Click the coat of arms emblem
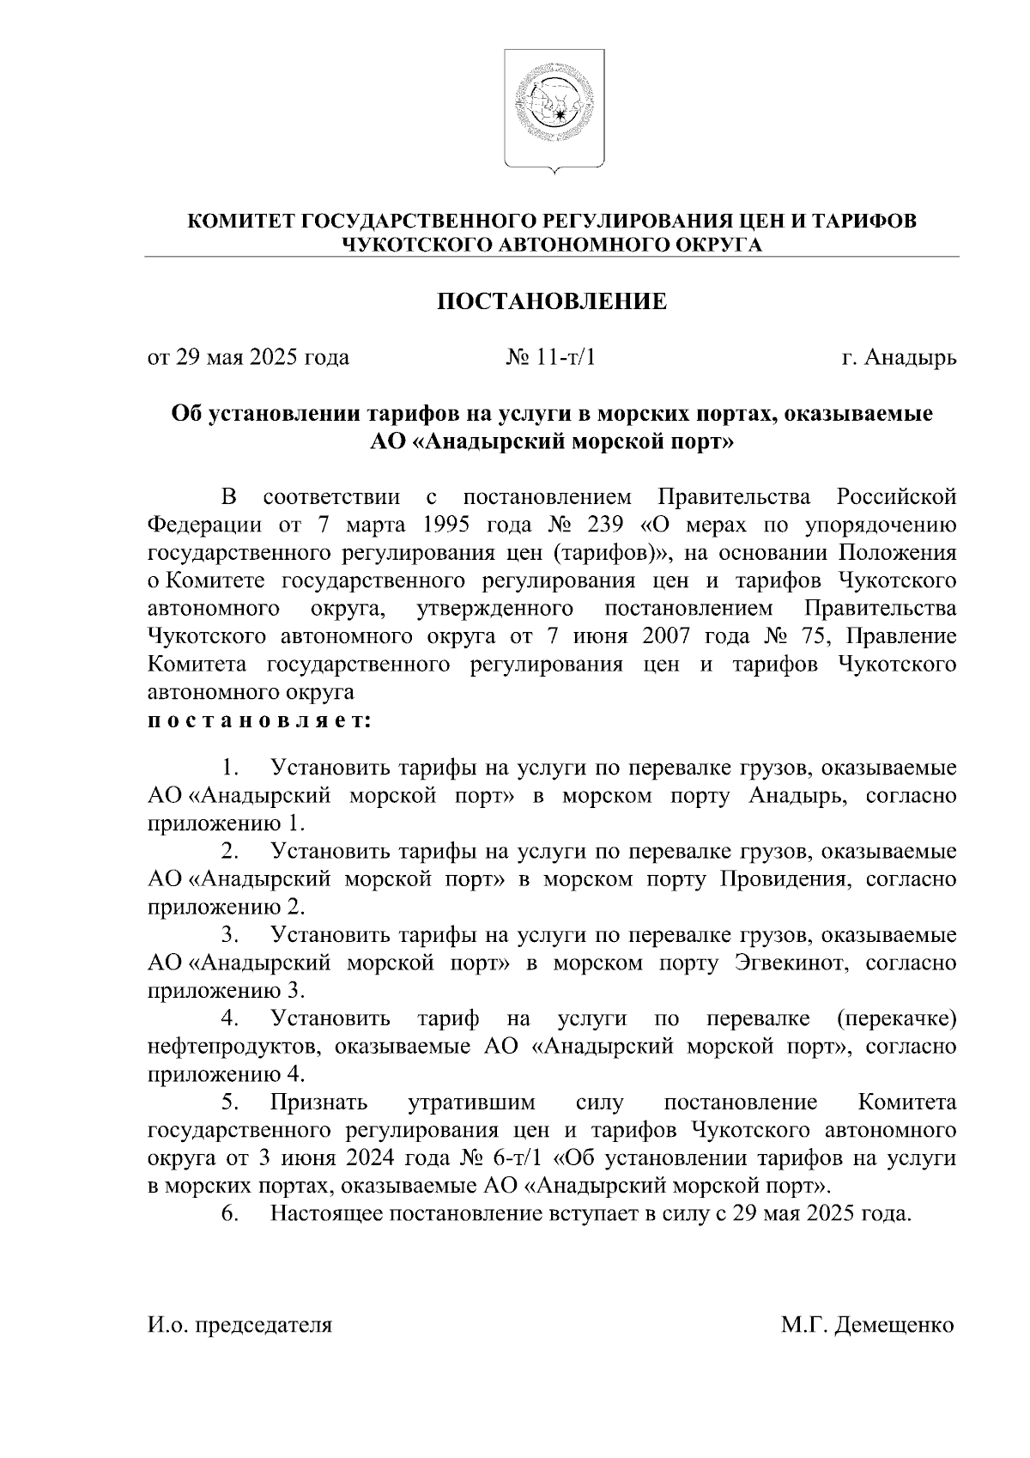(553, 108)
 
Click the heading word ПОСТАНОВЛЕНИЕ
(553, 301)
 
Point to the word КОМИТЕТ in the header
(241, 222)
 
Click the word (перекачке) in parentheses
(895, 1019)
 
